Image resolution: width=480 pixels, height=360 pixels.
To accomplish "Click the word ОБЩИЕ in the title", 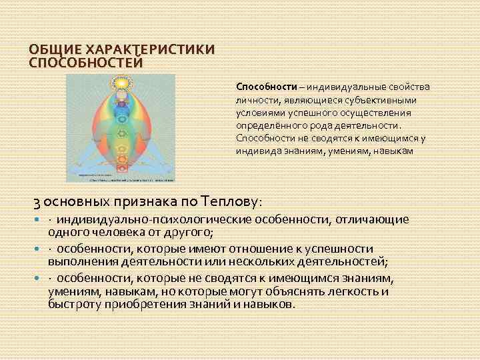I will pos(53,50).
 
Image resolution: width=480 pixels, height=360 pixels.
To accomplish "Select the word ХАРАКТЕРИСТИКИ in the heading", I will pos(146,50).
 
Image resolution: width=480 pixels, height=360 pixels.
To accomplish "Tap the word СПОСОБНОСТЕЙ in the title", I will pos(86,62).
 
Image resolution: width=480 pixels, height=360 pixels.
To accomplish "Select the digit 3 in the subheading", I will pos(37,200).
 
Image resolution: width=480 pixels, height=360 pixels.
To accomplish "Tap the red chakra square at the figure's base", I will pos(121,162).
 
